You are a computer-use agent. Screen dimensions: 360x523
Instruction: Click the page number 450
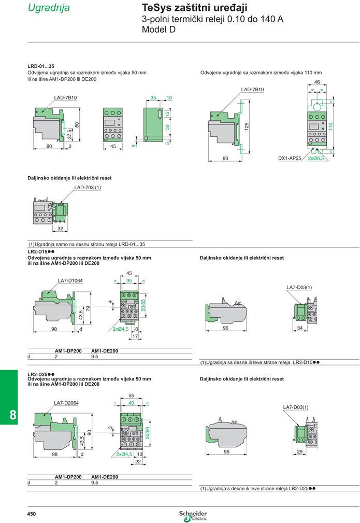[x=31, y=514]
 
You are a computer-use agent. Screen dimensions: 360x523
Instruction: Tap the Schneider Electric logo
[x=193, y=516]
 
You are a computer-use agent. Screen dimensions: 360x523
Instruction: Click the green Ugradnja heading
[x=49, y=8]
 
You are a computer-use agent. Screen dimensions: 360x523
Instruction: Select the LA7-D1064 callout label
[x=70, y=280]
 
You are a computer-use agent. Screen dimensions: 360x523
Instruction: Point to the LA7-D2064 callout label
[x=66, y=403]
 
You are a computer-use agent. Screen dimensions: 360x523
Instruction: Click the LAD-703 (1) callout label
[x=88, y=188]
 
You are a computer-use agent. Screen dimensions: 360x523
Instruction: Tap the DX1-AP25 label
[x=290, y=158]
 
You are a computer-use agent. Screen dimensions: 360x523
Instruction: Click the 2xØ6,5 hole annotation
[x=315, y=158]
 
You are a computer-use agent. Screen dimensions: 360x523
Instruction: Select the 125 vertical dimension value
[x=247, y=126]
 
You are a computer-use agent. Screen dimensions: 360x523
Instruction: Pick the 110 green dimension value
[x=330, y=126]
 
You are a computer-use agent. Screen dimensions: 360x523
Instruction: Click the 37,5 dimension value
[x=69, y=134]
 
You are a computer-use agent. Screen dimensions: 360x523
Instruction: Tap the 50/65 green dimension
[x=143, y=305]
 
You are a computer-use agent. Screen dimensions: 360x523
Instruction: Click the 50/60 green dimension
[x=147, y=433]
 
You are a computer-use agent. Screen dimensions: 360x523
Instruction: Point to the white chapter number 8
[x=12, y=415]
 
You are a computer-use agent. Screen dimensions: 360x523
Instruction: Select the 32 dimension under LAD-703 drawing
[x=60, y=229]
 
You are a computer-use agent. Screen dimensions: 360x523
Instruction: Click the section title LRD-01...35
[x=41, y=66]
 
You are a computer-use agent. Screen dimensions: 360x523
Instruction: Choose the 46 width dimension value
[x=317, y=82]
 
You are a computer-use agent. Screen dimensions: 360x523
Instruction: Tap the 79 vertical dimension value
[x=88, y=308]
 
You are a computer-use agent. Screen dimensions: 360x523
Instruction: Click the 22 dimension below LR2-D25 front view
[x=138, y=462]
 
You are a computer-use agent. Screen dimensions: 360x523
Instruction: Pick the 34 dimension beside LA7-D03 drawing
[x=300, y=328]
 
